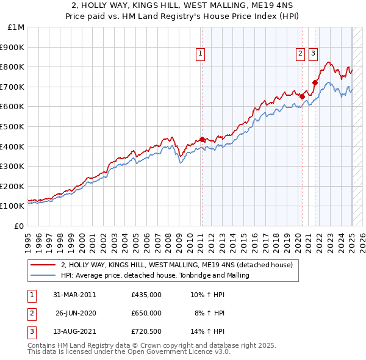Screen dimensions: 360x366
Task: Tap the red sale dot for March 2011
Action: click(202, 139)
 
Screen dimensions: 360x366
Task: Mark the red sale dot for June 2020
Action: click(302, 96)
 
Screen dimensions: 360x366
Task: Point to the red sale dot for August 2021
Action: click(315, 82)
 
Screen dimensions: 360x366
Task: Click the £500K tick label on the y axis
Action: click(14, 126)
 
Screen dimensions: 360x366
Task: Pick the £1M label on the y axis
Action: click(16, 27)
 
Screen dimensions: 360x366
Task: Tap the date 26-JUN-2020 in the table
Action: click(76, 313)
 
